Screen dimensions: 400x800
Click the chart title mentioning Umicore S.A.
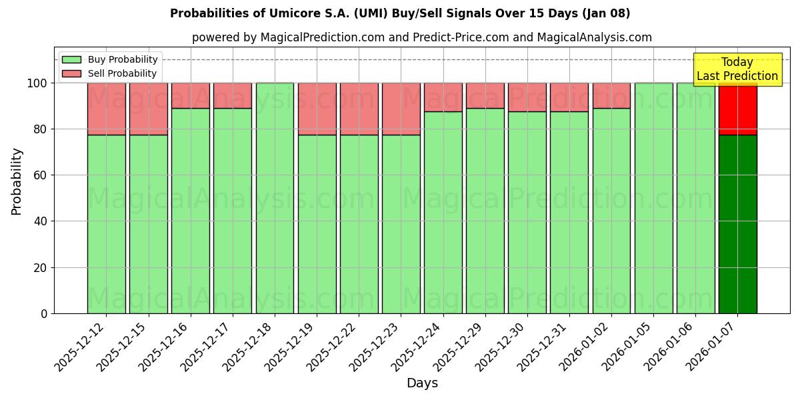(400, 13)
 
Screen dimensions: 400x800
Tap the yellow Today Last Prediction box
(737, 69)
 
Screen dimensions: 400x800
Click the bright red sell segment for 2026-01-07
(737, 109)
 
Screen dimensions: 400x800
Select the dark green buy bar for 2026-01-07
(737, 224)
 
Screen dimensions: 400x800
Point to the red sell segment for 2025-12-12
(107, 109)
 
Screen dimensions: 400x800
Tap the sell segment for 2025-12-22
(359, 109)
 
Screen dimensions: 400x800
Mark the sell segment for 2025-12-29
(485, 95)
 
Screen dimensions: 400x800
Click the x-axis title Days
(422, 383)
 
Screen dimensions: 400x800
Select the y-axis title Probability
(17, 181)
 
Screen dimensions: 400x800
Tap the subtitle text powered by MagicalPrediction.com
(421, 37)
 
